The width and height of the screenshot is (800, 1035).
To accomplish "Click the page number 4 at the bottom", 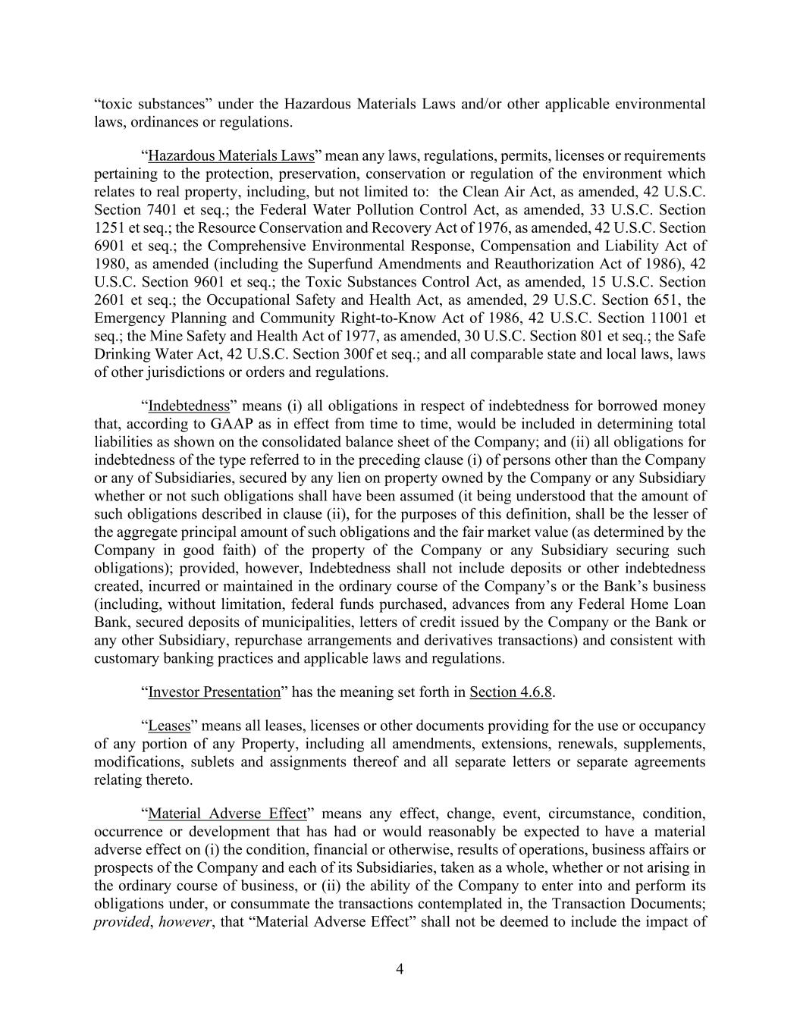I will click(400, 968).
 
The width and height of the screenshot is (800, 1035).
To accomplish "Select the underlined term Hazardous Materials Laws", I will click(231, 156).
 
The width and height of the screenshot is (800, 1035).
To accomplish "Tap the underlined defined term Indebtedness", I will click(189, 406).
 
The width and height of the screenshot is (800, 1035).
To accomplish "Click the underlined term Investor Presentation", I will click(215, 692).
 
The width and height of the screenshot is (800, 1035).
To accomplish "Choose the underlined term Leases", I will click(168, 726).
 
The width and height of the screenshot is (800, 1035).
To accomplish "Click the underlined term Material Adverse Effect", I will click(227, 814).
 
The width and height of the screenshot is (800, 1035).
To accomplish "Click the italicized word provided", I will click(122, 923).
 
